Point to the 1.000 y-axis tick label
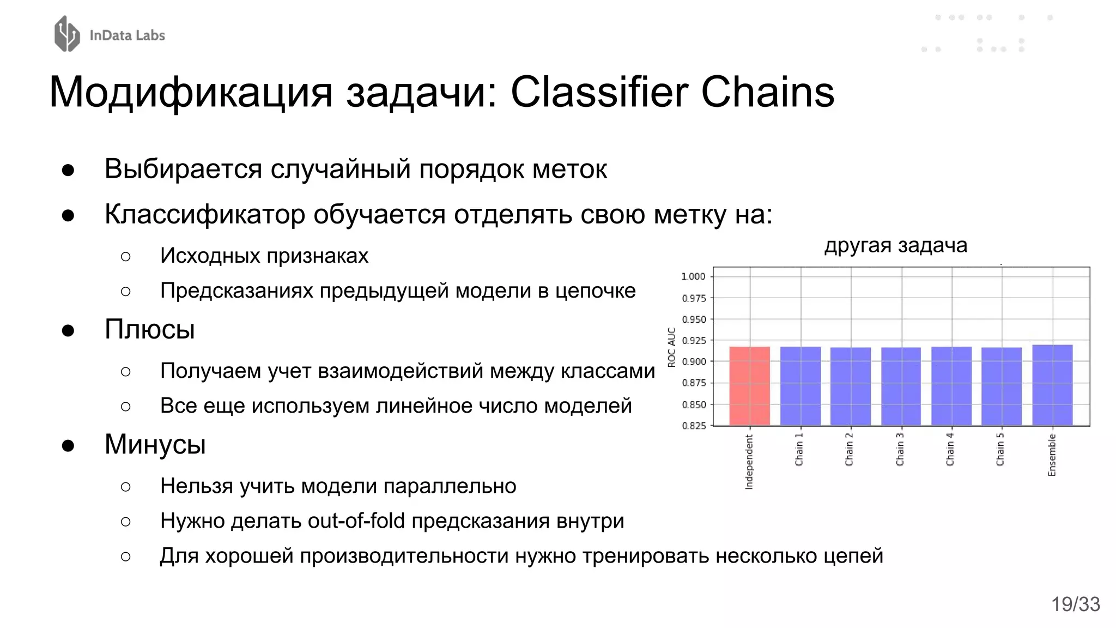pos(693,276)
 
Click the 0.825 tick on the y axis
pos(693,426)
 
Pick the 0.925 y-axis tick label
pos(693,341)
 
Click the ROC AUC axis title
pos(671,347)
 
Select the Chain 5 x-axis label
pos(1000,450)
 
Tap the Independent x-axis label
pos(749,462)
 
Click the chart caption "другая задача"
pos(895,245)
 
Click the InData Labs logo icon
pos(67,34)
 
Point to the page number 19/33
pos(1075,604)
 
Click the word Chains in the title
pos(767,92)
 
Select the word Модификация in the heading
pos(191,93)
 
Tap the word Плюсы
pos(149,329)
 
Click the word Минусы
pos(155,444)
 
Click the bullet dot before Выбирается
pos(68,170)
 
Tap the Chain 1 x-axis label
pos(799,450)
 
